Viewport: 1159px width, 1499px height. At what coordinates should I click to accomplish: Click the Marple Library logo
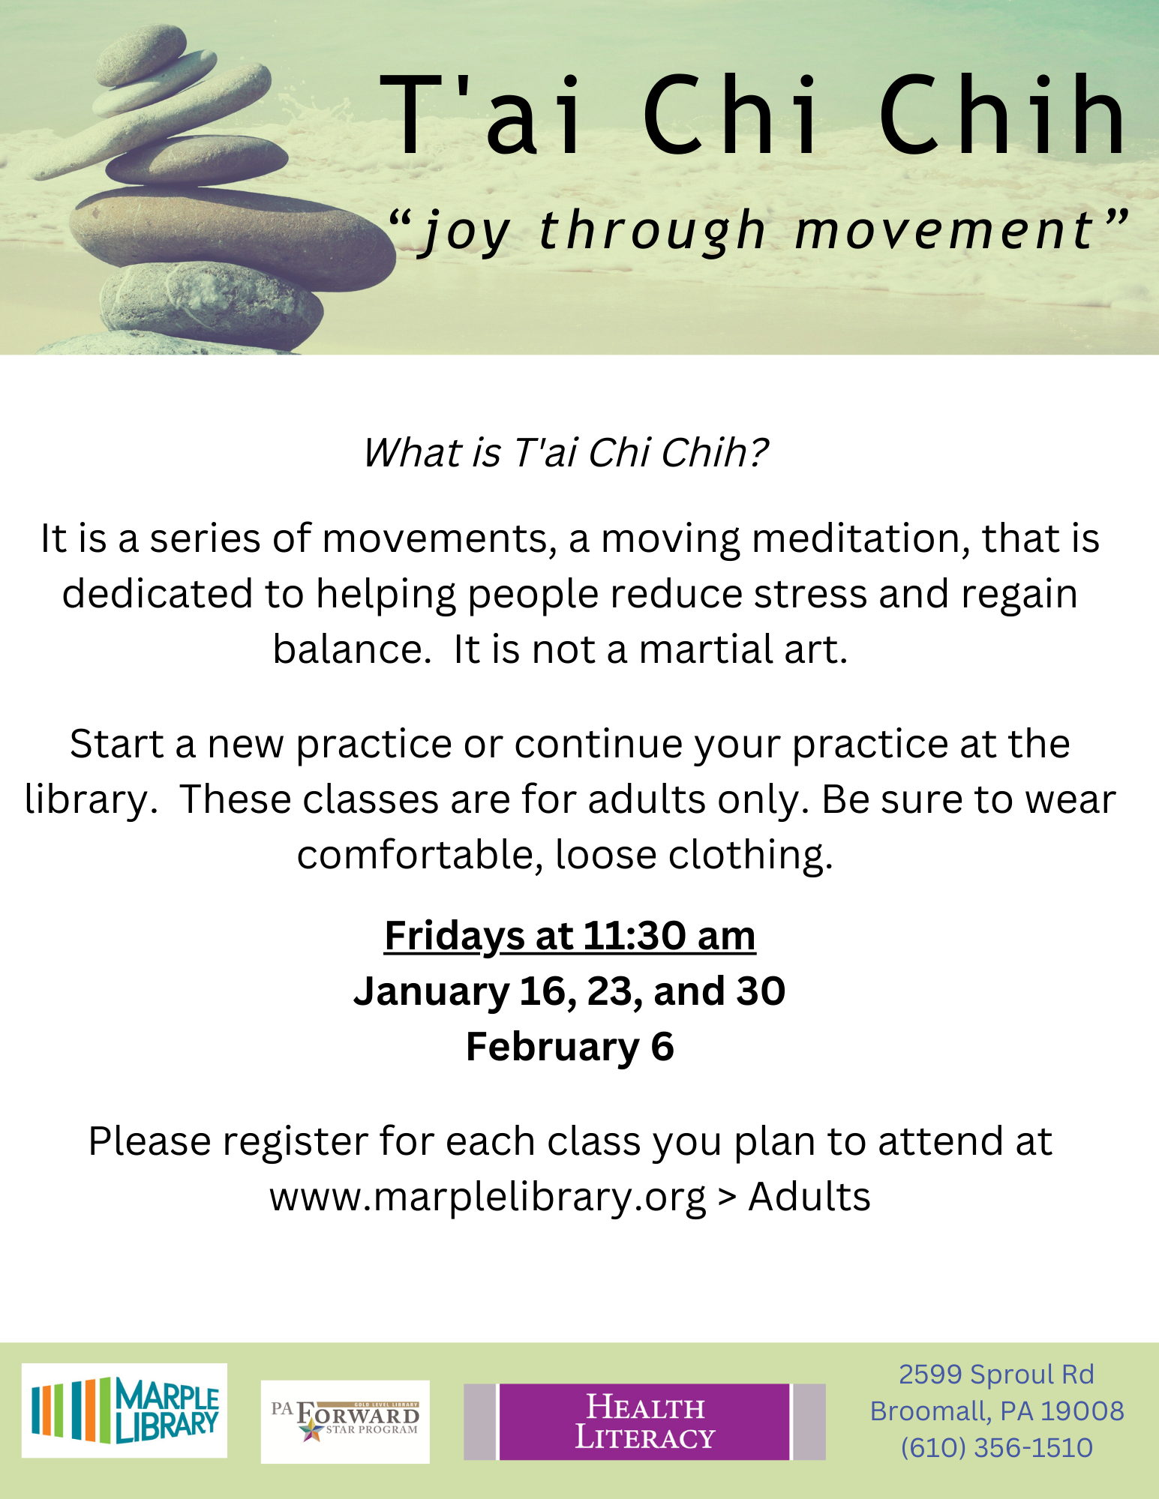tap(124, 1411)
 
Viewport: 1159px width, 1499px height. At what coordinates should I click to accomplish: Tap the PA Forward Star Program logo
tap(345, 1422)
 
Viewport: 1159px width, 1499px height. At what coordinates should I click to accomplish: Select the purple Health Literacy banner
tap(644, 1422)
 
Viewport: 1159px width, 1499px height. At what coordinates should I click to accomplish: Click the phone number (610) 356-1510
tap(996, 1447)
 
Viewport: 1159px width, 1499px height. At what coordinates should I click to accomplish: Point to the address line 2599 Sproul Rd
tap(996, 1374)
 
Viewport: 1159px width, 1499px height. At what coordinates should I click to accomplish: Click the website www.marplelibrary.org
tap(488, 1197)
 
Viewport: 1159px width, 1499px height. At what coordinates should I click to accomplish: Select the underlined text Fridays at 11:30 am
tap(570, 937)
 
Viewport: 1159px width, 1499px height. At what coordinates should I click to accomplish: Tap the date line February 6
tap(570, 1047)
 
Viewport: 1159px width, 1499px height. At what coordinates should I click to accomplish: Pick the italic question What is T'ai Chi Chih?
tap(566, 453)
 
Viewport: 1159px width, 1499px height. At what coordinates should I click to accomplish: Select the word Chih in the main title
tap(1003, 114)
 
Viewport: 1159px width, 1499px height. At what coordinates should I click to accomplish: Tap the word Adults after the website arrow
tap(809, 1197)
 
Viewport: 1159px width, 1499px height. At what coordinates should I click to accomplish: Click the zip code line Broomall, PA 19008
tap(997, 1411)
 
